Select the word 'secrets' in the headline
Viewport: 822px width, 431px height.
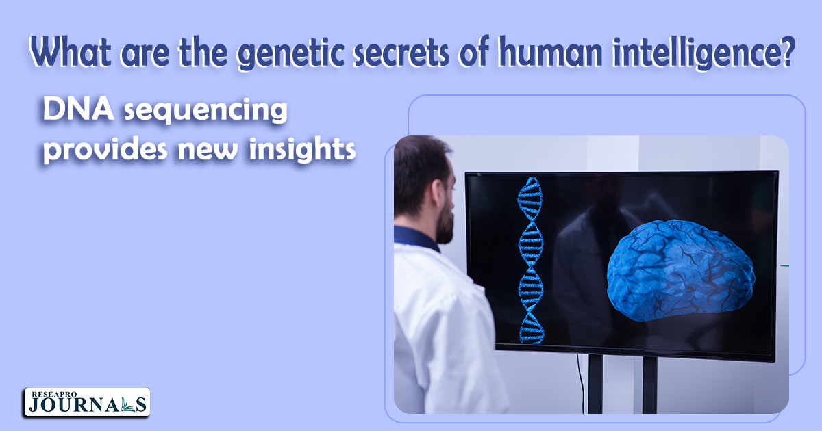[401, 53]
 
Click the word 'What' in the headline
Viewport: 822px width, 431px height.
[70, 51]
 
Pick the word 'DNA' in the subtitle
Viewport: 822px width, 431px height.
[78, 109]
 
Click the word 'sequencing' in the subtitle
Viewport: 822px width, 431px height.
[206, 110]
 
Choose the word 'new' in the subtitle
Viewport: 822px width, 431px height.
[208, 151]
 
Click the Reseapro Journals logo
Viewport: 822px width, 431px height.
[87, 402]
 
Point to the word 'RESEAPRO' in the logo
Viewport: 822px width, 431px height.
[54, 394]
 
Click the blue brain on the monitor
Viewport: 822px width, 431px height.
[681, 270]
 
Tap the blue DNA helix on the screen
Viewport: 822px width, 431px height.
[531, 261]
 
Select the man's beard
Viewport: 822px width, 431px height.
[445, 220]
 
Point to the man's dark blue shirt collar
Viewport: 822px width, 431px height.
[416, 238]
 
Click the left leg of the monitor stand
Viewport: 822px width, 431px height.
[595, 384]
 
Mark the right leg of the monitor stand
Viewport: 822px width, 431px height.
[649, 384]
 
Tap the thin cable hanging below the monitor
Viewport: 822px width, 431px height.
[580, 383]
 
